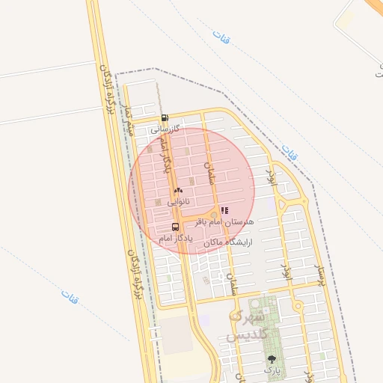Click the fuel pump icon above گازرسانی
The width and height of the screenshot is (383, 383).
165,117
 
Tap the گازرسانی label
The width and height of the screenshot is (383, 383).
165,129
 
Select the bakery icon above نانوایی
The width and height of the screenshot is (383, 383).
178,191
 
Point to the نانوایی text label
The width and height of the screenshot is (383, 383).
178,202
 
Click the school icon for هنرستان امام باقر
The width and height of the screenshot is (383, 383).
224,211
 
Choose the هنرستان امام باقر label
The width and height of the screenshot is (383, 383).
224,222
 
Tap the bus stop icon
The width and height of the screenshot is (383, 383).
175,226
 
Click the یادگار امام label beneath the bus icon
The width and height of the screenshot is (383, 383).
176,237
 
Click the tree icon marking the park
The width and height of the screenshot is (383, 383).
271,360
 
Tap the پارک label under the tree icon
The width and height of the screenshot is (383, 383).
271,370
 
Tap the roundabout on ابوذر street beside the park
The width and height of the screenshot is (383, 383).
298,305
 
